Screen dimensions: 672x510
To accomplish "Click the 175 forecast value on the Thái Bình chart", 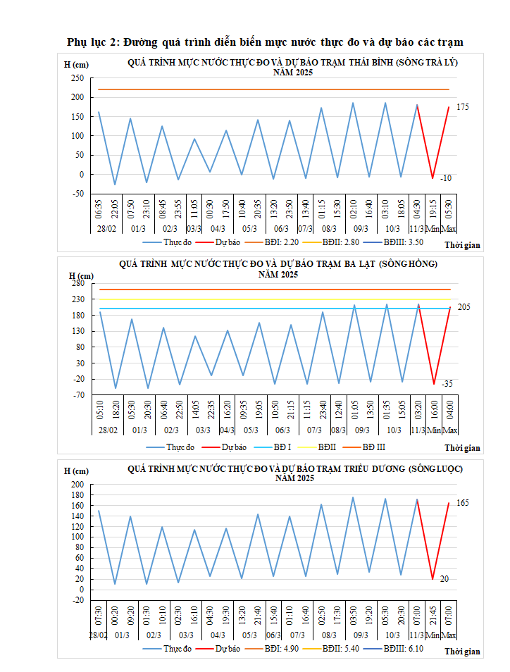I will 463,107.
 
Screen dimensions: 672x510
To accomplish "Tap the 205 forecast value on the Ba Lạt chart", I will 463,307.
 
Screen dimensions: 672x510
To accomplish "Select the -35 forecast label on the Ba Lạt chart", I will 447,384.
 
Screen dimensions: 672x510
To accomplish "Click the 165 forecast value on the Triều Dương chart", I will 463,503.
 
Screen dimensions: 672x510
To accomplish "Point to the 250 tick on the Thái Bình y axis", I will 77,78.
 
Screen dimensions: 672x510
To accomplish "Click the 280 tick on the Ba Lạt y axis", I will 77,283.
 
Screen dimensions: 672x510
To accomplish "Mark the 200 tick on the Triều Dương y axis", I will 77,485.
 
